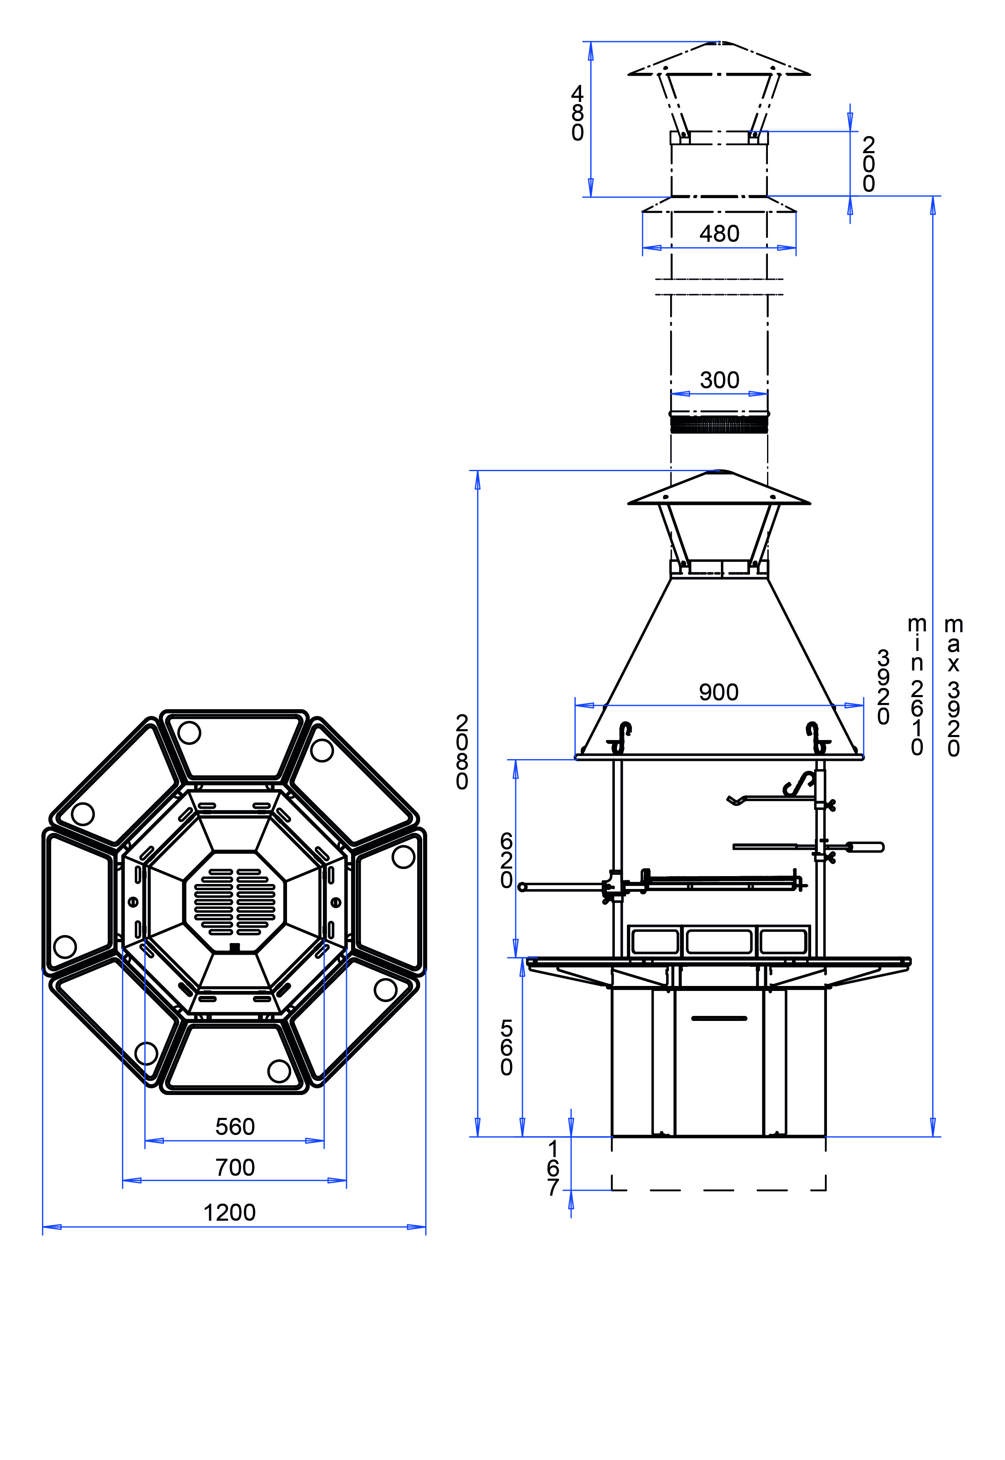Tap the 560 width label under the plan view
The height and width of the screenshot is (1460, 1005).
point(235,1126)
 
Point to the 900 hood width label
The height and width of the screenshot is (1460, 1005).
point(718,692)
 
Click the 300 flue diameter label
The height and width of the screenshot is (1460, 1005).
point(719,380)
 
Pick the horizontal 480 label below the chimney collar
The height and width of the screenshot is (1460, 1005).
point(719,233)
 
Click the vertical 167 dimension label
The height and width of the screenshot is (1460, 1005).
point(553,1168)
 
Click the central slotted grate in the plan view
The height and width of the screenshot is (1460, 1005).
point(234,902)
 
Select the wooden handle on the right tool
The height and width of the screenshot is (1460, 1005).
point(866,847)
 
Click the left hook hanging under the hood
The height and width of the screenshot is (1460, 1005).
point(623,736)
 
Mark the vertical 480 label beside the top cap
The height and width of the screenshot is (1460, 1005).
point(577,113)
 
